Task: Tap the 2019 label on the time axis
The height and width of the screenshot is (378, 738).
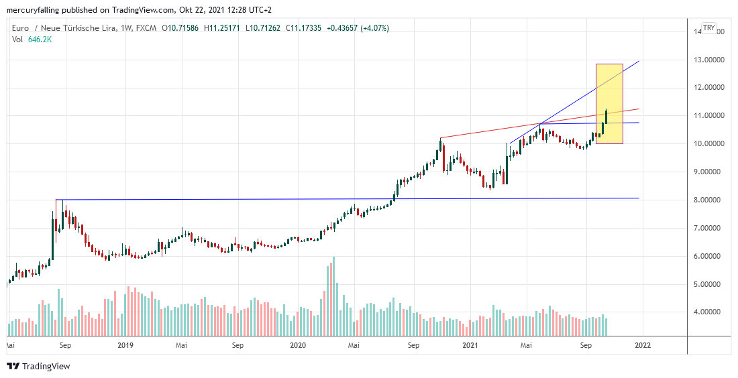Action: tap(125, 346)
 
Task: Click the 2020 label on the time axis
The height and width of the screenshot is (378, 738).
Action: tap(298, 346)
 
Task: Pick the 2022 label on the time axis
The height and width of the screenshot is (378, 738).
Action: tap(643, 346)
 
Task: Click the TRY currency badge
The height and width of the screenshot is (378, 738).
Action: tap(708, 28)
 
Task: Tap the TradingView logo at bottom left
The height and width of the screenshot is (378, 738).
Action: tap(39, 366)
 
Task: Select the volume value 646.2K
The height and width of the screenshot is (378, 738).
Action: tap(40, 40)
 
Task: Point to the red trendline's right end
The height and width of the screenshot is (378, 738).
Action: tap(638, 109)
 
